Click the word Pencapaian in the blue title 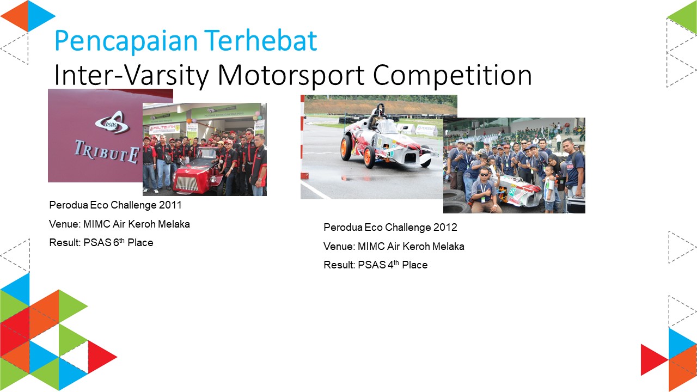[126, 41]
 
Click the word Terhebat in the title [261, 40]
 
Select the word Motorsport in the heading [291, 75]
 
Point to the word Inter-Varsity [131, 75]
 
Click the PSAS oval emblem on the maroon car [113, 123]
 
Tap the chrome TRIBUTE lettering [107, 152]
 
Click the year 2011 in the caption [170, 205]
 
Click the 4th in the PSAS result [393, 264]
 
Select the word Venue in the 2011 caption [64, 224]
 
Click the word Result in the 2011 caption [64, 243]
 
